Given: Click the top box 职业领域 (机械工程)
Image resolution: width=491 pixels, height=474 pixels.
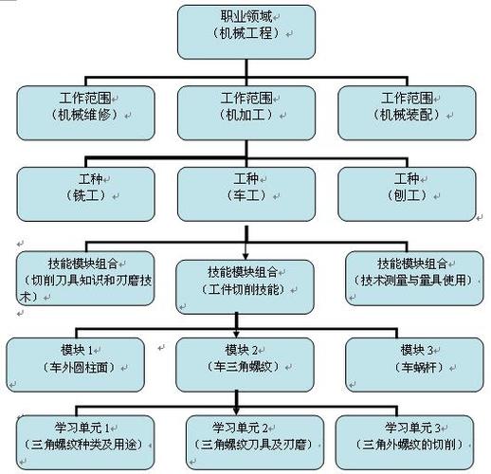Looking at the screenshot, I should tap(245, 31).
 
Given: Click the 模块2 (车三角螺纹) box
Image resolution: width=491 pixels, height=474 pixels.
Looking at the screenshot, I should tap(245, 357).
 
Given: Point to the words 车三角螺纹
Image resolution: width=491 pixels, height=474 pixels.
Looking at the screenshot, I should tap(245, 367).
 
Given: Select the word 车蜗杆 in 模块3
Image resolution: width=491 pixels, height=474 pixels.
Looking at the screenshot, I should tap(412, 367).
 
